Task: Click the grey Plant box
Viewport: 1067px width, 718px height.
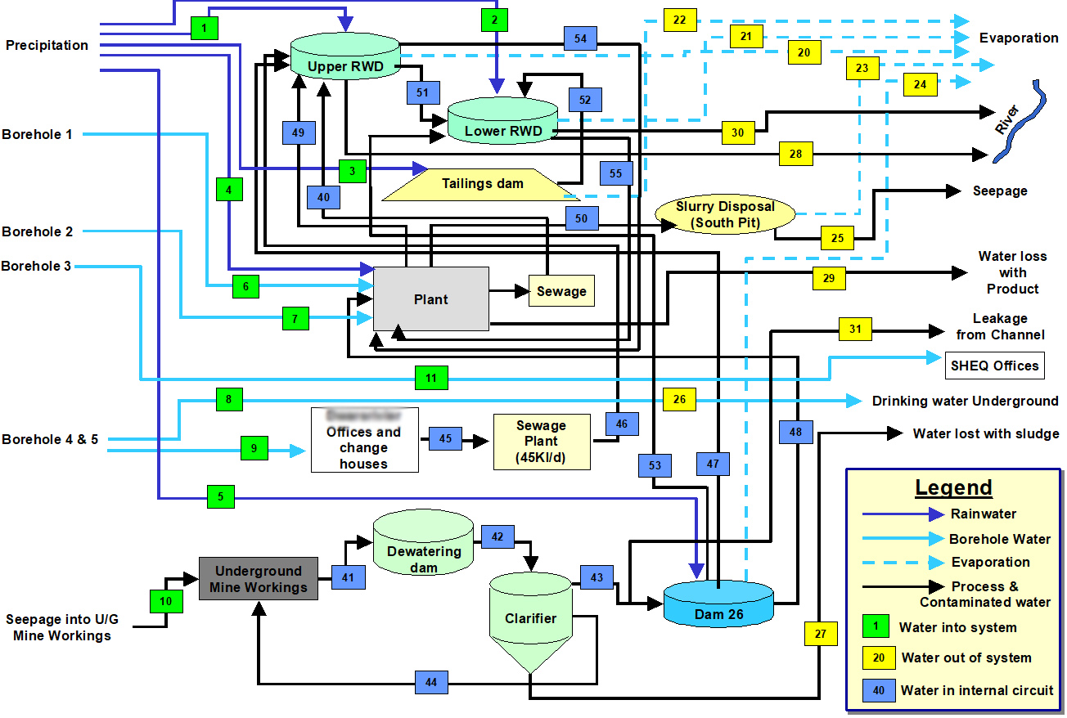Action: pyautogui.click(x=430, y=299)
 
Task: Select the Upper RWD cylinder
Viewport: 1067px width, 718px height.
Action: pyautogui.click(x=344, y=61)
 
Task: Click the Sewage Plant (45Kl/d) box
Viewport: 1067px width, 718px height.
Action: pyautogui.click(x=541, y=442)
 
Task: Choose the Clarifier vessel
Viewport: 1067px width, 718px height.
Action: pyautogui.click(x=530, y=620)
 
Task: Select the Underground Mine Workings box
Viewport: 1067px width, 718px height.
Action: pyautogui.click(x=258, y=579)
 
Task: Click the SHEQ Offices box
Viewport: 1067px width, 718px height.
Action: pyautogui.click(x=994, y=366)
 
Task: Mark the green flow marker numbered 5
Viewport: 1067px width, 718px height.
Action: pyautogui.click(x=221, y=496)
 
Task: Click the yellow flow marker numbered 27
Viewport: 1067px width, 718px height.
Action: pyautogui.click(x=821, y=634)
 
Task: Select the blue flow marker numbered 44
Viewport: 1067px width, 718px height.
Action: pyautogui.click(x=431, y=682)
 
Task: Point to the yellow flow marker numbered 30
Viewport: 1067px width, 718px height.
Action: pyautogui.click(x=738, y=132)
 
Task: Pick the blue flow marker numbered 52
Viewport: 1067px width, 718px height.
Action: pyautogui.click(x=585, y=100)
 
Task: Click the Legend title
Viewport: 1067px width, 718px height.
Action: pyautogui.click(x=953, y=487)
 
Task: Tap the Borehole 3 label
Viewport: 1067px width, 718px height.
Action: pyautogui.click(x=36, y=266)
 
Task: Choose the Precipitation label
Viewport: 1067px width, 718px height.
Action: pyautogui.click(x=47, y=46)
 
